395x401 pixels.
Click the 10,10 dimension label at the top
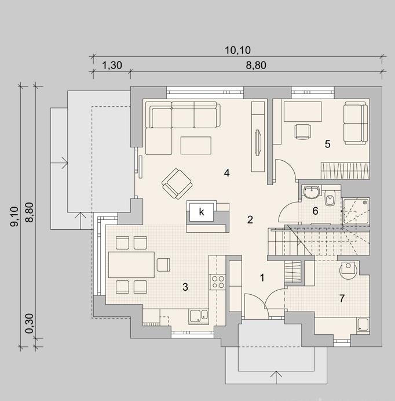coord(237,50)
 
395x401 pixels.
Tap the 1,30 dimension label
coord(112,65)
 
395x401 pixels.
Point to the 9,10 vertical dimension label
coord(14,216)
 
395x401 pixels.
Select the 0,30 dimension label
coord(29,323)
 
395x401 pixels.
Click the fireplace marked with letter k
coord(202,212)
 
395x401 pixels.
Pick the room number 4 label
coord(226,173)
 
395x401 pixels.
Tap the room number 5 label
coord(327,144)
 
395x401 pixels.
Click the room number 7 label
coord(342,298)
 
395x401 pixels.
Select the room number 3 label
coord(185,287)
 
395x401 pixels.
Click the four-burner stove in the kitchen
coord(217,282)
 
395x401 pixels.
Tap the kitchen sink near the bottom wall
coord(198,317)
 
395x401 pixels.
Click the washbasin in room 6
coord(311,192)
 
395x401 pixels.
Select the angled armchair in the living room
coord(177,183)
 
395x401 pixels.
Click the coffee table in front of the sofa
coord(196,145)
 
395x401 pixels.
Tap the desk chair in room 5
coord(303,131)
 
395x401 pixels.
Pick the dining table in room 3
coord(131,265)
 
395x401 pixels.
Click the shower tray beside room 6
coord(356,211)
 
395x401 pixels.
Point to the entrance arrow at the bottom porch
coord(276,377)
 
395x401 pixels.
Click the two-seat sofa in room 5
coord(355,123)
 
